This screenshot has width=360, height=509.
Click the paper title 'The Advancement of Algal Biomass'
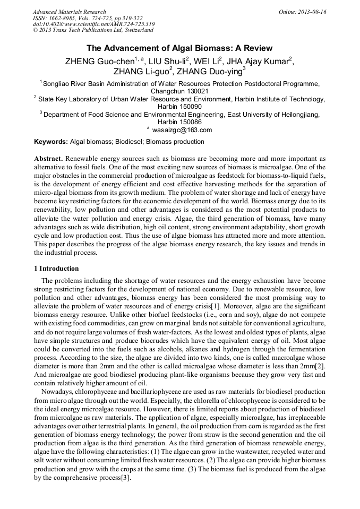click(179, 48)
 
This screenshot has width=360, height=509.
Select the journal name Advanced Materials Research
click(69, 12)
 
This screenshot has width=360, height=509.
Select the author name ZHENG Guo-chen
click(99, 61)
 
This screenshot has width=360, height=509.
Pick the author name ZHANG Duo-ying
click(209, 72)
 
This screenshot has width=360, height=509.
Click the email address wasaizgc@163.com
click(182, 130)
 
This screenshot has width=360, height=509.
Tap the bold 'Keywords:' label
click(51, 142)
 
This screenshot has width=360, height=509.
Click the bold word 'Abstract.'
click(49, 159)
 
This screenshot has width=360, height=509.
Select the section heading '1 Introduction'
click(56, 268)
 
